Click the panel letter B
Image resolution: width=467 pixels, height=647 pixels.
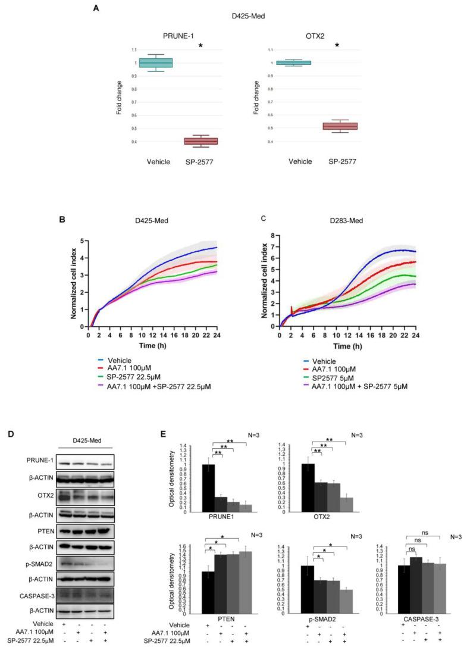(79, 220)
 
